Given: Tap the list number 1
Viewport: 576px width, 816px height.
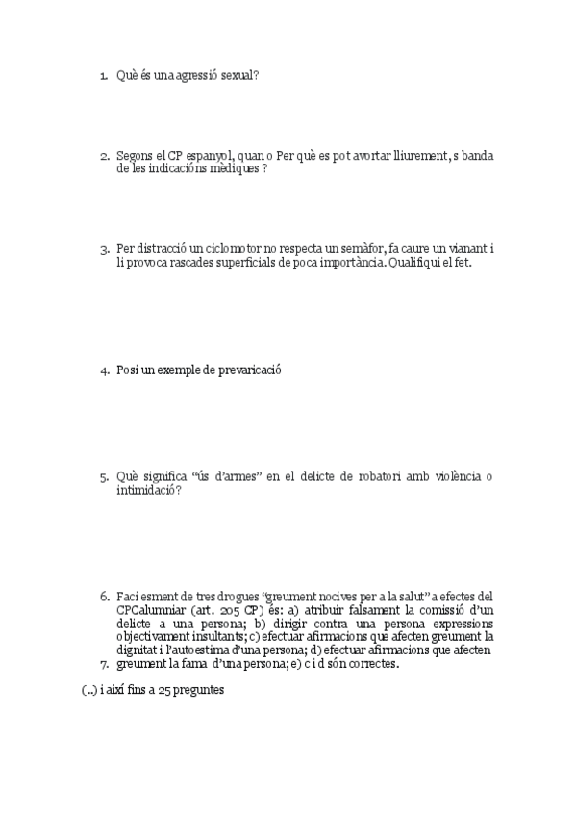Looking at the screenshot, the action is click(x=103, y=74).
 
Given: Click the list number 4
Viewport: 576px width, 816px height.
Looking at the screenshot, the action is click(x=104, y=370).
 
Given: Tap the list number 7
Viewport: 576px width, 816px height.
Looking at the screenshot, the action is click(x=104, y=663).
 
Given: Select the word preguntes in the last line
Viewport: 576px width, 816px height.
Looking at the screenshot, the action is click(x=202, y=689).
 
